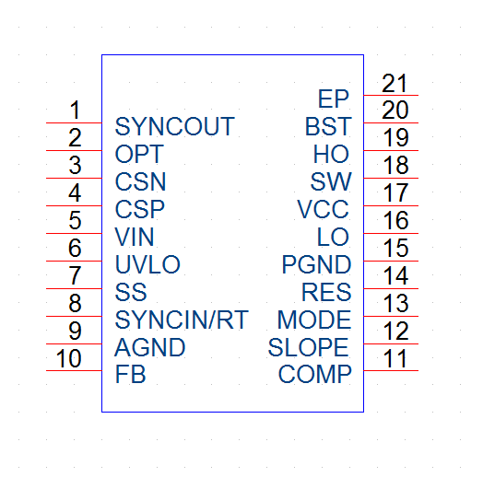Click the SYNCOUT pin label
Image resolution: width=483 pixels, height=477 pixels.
[x=174, y=126]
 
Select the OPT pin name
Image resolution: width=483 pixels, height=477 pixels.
[x=139, y=154]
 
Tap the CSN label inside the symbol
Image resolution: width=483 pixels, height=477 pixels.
[x=140, y=181]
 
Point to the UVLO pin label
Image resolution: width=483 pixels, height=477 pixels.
[x=147, y=264]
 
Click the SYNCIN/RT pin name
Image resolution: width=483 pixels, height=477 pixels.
[x=182, y=320]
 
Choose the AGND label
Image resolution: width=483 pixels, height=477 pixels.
[x=150, y=347]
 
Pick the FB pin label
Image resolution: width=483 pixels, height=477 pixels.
[x=130, y=374]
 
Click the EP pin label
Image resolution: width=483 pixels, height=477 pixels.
[x=334, y=99]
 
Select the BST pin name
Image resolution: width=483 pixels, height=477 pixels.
[x=328, y=126]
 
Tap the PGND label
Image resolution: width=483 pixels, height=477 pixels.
[x=317, y=264]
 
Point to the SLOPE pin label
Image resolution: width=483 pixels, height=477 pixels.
[x=309, y=347]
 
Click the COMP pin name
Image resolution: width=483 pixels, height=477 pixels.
[x=315, y=374]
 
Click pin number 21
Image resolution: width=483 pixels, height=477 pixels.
[x=395, y=83]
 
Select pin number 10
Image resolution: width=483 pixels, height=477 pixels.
[x=69, y=358]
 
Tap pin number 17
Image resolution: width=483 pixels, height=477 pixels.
[x=395, y=192]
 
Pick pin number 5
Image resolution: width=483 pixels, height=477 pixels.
[x=75, y=220]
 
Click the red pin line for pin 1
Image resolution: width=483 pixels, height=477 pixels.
[x=74, y=122]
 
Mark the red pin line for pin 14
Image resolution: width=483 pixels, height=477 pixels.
[x=391, y=288]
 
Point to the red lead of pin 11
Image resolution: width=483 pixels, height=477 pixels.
[x=391, y=370]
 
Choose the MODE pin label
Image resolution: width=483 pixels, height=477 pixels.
[x=314, y=320]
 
